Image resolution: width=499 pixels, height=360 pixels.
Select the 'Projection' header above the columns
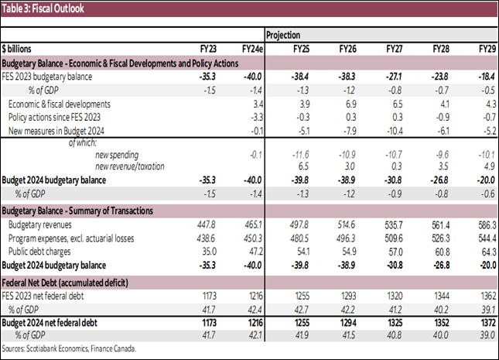[283, 35]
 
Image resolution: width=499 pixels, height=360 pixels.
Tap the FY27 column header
[398, 49]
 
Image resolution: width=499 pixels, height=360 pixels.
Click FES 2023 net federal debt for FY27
[396, 296]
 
